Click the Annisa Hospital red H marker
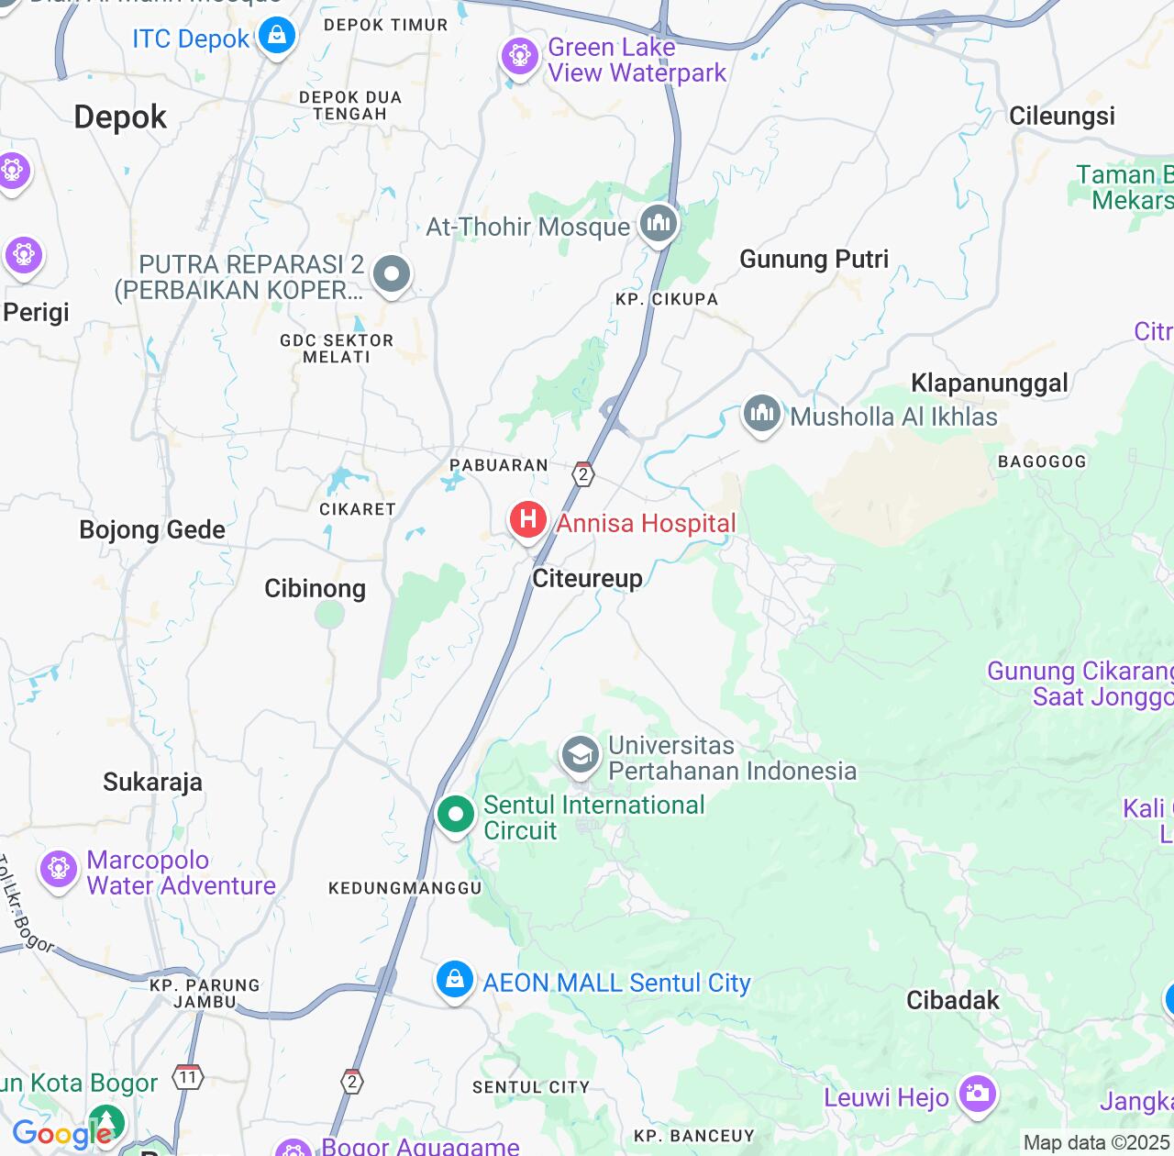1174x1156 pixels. coord(527,520)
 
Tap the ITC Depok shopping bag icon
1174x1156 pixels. coord(276,37)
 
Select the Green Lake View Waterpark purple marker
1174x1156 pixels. coord(519,57)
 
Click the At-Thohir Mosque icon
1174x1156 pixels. coord(658,223)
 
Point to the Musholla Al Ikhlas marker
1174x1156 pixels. coord(761,415)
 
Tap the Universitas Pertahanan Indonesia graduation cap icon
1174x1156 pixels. coord(580,756)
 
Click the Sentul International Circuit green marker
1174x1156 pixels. coord(455,814)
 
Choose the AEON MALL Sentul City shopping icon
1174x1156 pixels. coord(454,980)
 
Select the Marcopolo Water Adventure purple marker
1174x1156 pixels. coord(59,869)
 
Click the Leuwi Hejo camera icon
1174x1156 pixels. coord(977,1094)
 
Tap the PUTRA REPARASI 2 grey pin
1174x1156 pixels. coord(392,273)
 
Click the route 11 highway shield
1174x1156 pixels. coord(188,1077)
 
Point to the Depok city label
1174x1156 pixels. coord(120,117)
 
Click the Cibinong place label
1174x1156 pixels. coord(315,588)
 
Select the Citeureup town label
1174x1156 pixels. coord(587,578)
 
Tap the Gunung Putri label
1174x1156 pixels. coord(814,260)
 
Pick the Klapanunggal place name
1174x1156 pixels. coord(989,383)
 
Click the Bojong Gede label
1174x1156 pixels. coord(152,530)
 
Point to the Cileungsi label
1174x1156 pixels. coord(1061,117)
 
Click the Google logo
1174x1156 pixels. coord(61,1134)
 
